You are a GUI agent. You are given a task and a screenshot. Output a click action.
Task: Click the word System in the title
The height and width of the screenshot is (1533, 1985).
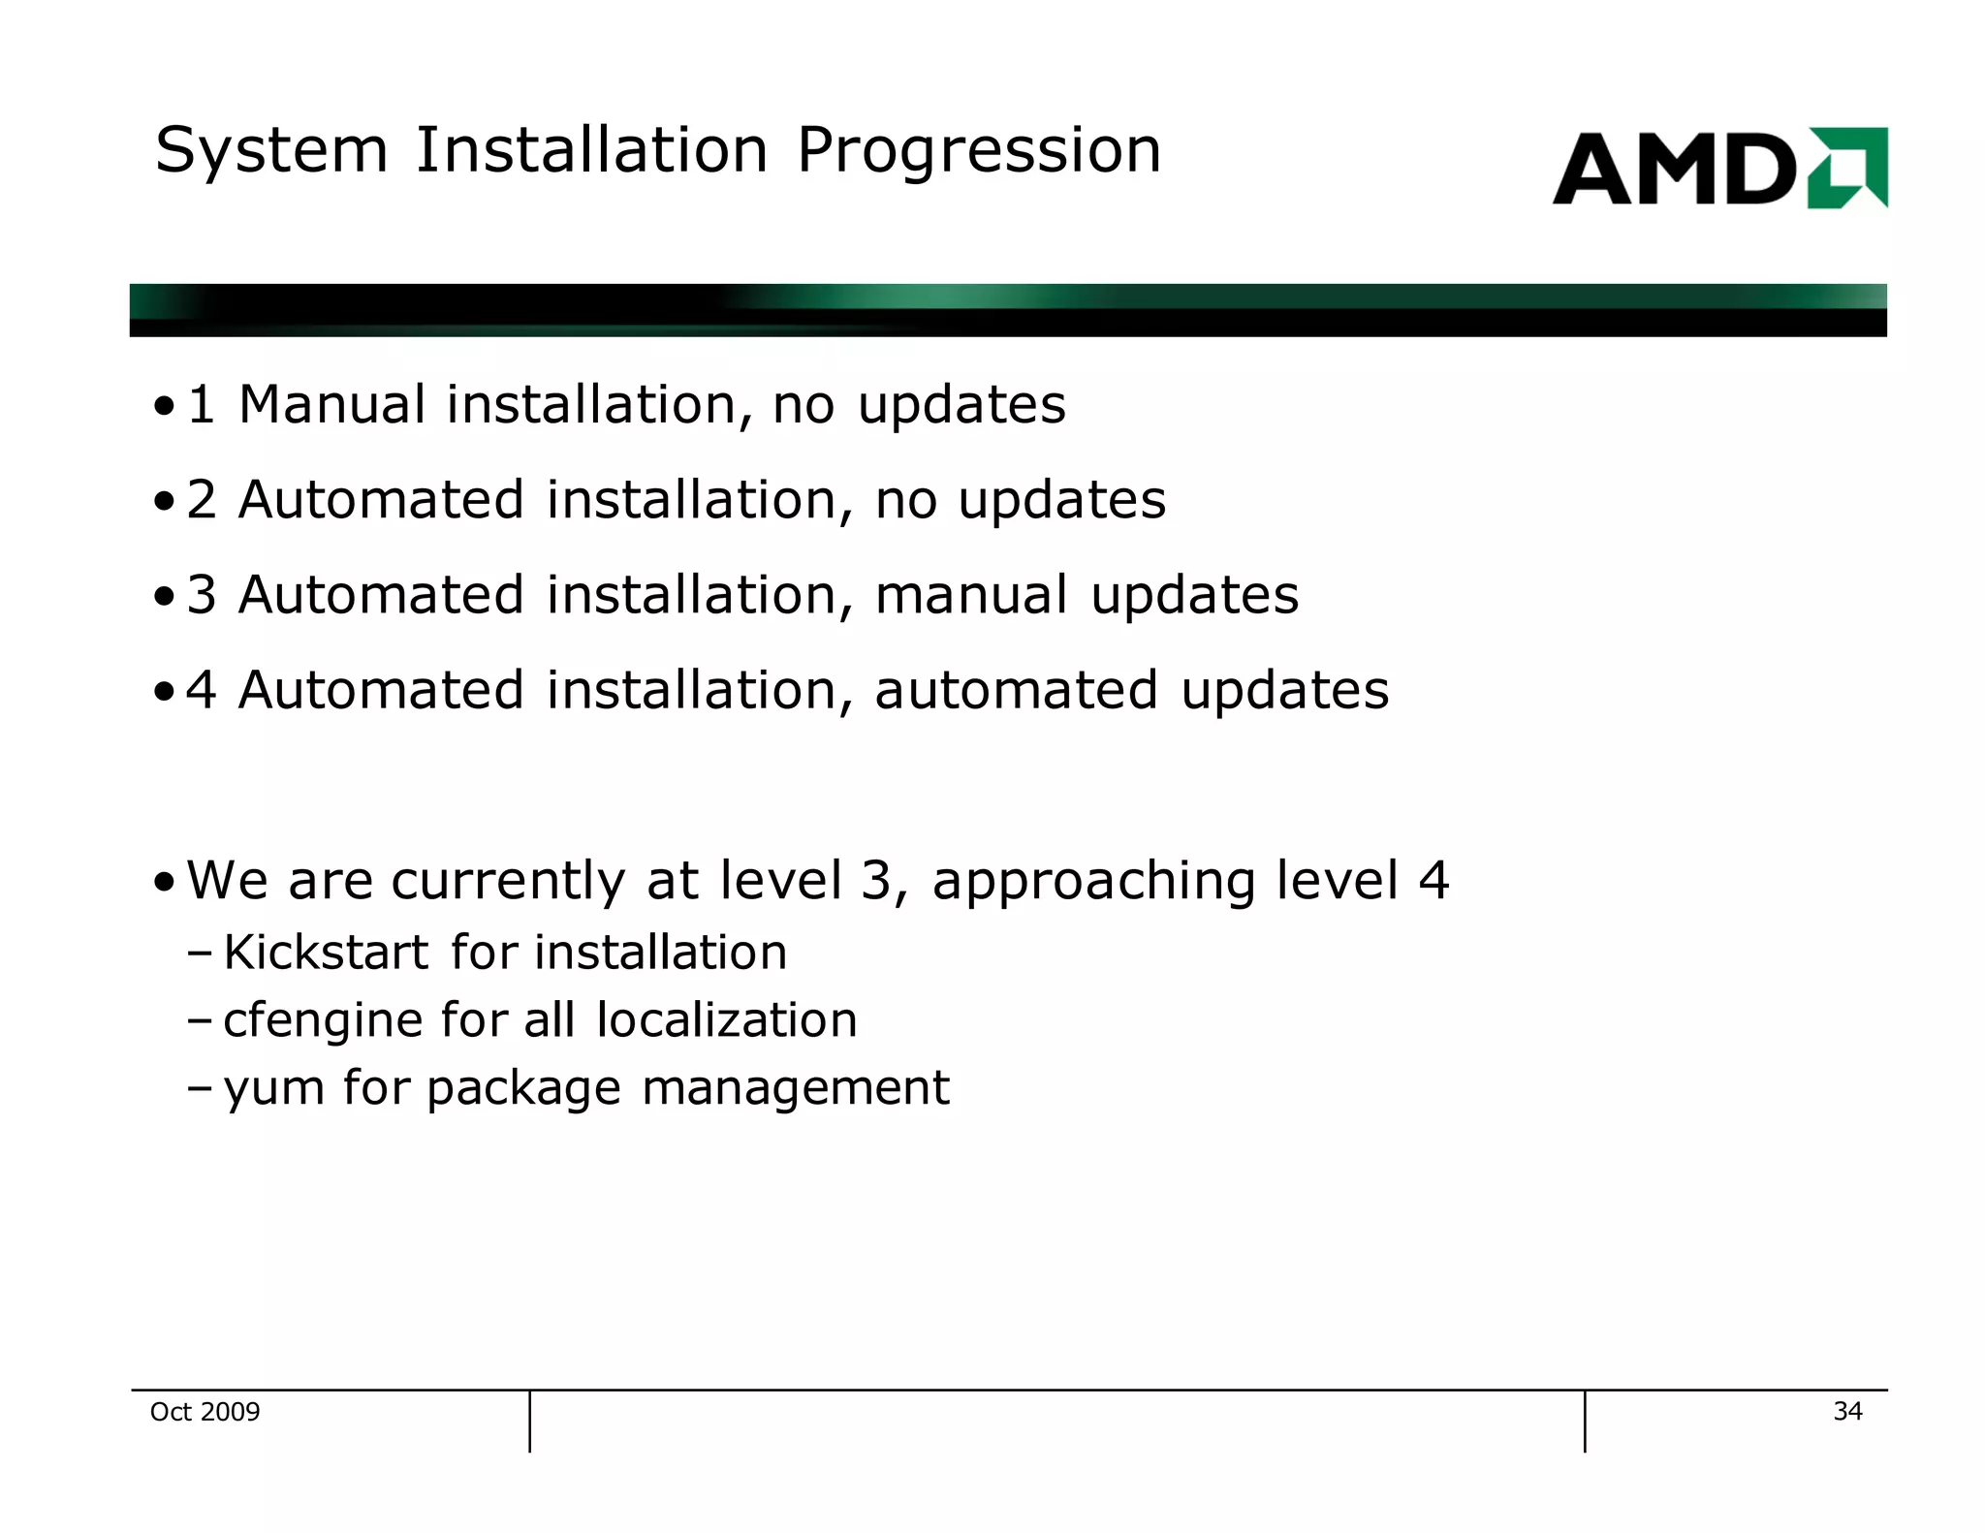(x=271, y=152)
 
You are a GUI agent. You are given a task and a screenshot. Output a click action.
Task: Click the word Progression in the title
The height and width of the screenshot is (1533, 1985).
(x=978, y=152)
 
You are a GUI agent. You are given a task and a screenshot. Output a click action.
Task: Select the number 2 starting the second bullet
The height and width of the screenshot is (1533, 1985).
(x=202, y=500)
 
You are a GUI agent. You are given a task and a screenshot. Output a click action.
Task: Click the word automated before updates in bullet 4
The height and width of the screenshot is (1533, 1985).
(x=1016, y=690)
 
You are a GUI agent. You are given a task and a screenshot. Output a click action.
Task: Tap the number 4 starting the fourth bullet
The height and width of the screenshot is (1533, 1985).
(x=202, y=690)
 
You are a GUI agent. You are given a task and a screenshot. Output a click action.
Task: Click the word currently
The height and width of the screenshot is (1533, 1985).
(x=508, y=882)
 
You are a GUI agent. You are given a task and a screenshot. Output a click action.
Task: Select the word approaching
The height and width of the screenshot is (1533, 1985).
(x=1093, y=882)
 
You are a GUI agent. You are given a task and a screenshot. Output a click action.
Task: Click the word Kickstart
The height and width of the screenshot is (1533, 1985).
(x=326, y=952)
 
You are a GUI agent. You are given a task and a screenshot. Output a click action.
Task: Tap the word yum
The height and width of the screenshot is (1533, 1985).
(x=273, y=1089)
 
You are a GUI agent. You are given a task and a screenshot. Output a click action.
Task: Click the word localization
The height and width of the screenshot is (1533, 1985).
(x=727, y=1019)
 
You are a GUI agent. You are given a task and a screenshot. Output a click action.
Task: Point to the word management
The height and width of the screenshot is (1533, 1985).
(x=795, y=1088)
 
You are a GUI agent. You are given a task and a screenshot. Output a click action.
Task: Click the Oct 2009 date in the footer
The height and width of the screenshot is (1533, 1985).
(x=205, y=1412)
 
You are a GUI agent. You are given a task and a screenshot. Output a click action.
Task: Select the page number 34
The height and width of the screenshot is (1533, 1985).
(x=1847, y=1411)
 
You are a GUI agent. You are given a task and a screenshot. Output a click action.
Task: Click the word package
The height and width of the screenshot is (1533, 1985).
(x=523, y=1089)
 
